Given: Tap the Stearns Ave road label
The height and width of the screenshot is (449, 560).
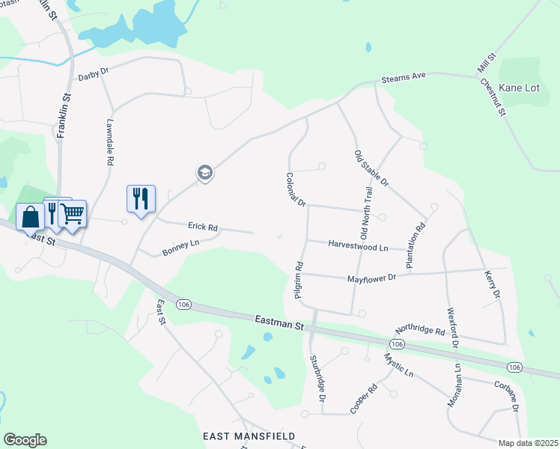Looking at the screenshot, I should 403,77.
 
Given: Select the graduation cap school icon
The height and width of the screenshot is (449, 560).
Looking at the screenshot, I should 204,174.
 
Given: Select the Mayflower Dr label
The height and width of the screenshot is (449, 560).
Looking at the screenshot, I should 371,278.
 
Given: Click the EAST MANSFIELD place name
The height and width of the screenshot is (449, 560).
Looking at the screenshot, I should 249,436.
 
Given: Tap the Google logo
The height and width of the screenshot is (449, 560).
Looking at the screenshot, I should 25,440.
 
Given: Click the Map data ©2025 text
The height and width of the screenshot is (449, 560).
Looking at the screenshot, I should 528,443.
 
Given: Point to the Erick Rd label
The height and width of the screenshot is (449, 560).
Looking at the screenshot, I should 202,227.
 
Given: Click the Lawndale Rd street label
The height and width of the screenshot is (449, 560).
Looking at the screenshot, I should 109,144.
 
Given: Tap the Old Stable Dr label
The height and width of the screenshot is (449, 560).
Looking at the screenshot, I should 371,168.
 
